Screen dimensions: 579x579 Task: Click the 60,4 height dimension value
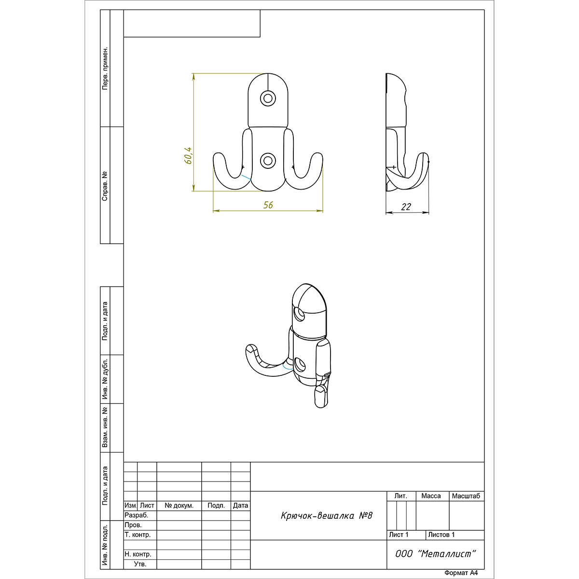tap(188, 155)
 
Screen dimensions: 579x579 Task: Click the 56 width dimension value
tap(268, 205)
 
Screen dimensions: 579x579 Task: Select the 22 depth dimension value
tap(406, 207)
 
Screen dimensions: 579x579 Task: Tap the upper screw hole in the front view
tap(268, 98)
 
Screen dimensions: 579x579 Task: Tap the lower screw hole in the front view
tap(268, 161)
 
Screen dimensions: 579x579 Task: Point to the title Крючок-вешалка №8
tap(327, 516)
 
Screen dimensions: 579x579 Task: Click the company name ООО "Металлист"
tap(436, 554)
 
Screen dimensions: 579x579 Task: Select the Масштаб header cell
tap(466, 496)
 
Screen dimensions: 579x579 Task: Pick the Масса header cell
tap(431, 496)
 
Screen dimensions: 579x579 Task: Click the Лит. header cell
tap(401, 496)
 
